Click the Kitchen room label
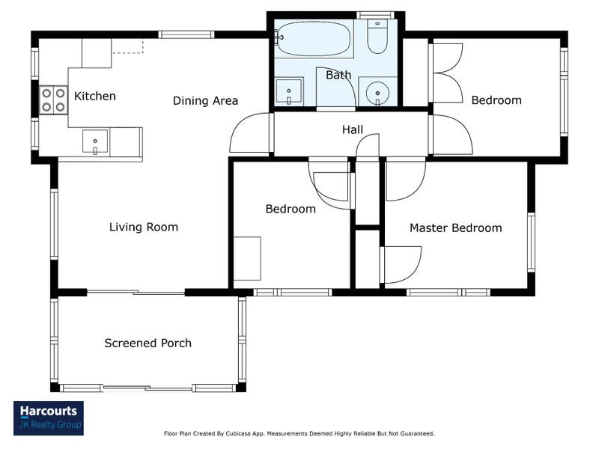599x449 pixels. coord(95,96)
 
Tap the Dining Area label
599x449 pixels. coord(205,101)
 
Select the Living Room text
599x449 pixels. coord(144,227)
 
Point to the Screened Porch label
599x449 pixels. coord(148,343)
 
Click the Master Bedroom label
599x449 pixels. coord(456,228)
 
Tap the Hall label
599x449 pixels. coord(352,129)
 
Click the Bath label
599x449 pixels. coord(338,75)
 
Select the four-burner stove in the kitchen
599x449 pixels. coord(53,100)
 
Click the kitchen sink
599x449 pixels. coord(95,141)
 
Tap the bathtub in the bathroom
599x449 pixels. coord(313,39)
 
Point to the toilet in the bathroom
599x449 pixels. coord(377,37)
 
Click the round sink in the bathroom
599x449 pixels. coord(377,93)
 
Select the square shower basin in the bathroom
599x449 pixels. coord(289,91)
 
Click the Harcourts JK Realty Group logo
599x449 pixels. coord(49,418)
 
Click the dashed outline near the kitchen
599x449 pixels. coord(127,47)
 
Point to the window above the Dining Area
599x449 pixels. coord(186,34)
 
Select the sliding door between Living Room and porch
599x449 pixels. coord(136,293)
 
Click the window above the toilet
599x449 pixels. coord(376,15)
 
